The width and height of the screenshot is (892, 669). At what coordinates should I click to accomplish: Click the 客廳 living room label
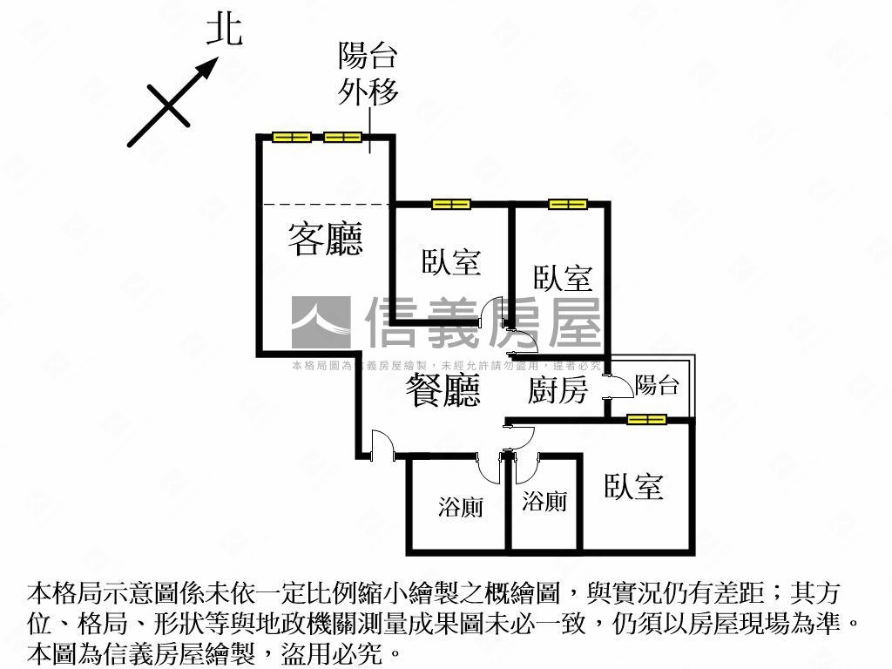click(325, 239)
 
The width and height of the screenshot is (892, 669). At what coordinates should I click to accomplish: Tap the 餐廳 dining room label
click(443, 390)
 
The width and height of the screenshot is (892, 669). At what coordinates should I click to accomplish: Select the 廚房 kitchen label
click(558, 390)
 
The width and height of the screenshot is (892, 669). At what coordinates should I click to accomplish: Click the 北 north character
click(224, 31)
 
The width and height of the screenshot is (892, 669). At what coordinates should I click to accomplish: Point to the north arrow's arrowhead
click(208, 67)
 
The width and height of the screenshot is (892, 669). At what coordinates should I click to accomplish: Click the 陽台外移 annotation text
click(368, 74)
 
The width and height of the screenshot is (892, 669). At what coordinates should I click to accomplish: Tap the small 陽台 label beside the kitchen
click(657, 385)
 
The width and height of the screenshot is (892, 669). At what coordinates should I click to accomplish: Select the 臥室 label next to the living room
click(451, 261)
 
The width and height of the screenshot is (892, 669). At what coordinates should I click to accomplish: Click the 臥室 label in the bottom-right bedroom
click(634, 487)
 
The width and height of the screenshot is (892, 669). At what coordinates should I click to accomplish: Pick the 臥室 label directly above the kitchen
click(563, 279)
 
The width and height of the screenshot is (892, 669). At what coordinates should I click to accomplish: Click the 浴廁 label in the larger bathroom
click(460, 507)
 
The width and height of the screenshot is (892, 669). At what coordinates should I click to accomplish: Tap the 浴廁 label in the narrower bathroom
click(544, 501)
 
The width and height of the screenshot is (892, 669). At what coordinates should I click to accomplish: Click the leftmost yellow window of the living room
click(291, 137)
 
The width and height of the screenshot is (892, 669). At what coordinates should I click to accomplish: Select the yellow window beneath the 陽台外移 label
click(342, 137)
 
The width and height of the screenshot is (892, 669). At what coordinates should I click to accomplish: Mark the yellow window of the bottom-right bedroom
click(646, 419)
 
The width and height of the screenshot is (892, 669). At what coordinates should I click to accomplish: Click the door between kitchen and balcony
click(615, 388)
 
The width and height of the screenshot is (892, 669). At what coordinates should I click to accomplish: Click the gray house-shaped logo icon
click(321, 323)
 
